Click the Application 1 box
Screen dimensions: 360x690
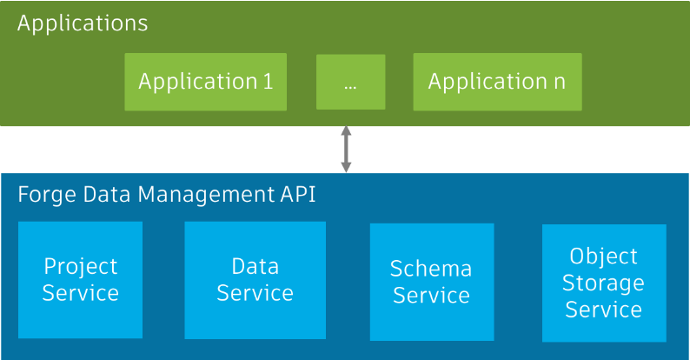coord(205,82)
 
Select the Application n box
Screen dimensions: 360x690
coord(497,82)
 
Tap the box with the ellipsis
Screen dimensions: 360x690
coord(350,82)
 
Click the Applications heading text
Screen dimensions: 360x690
coord(83,23)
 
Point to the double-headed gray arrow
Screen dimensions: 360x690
coord(346,149)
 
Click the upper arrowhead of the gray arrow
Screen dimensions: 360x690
coord(346,131)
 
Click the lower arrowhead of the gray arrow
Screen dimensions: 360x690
coord(346,166)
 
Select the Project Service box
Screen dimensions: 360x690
coord(80,279)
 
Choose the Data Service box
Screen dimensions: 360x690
coord(255,279)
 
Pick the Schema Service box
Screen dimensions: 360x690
coord(431,282)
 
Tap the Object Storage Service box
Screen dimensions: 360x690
coord(603,283)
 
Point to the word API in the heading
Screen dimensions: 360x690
coord(297,194)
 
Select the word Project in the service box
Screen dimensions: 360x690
coord(80,266)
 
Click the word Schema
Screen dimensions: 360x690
coord(431,269)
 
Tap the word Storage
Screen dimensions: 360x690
coord(603,283)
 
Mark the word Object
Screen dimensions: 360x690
coord(603,257)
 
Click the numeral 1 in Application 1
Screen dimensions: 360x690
coord(267,82)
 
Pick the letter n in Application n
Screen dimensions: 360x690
coord(559,82)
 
